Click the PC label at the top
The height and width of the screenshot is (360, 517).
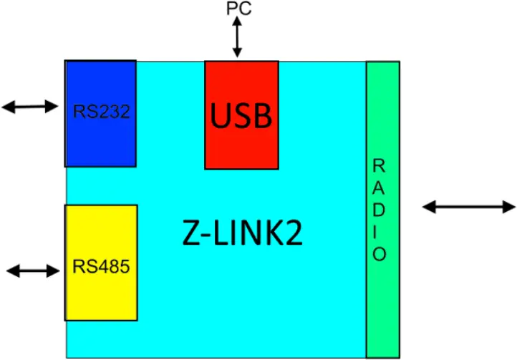tap(238, 9)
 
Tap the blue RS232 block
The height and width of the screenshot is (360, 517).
tap(100, 113)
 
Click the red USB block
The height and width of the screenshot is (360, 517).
tap(241, 115)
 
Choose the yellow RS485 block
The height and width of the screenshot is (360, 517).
tap(100, 263)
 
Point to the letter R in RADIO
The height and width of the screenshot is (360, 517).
tap(379, 165)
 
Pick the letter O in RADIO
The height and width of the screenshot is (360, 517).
tap(379, 254)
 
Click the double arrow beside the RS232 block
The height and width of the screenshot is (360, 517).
tap(29, 107)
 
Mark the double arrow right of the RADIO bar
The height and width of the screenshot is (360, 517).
tap(468, 207)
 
